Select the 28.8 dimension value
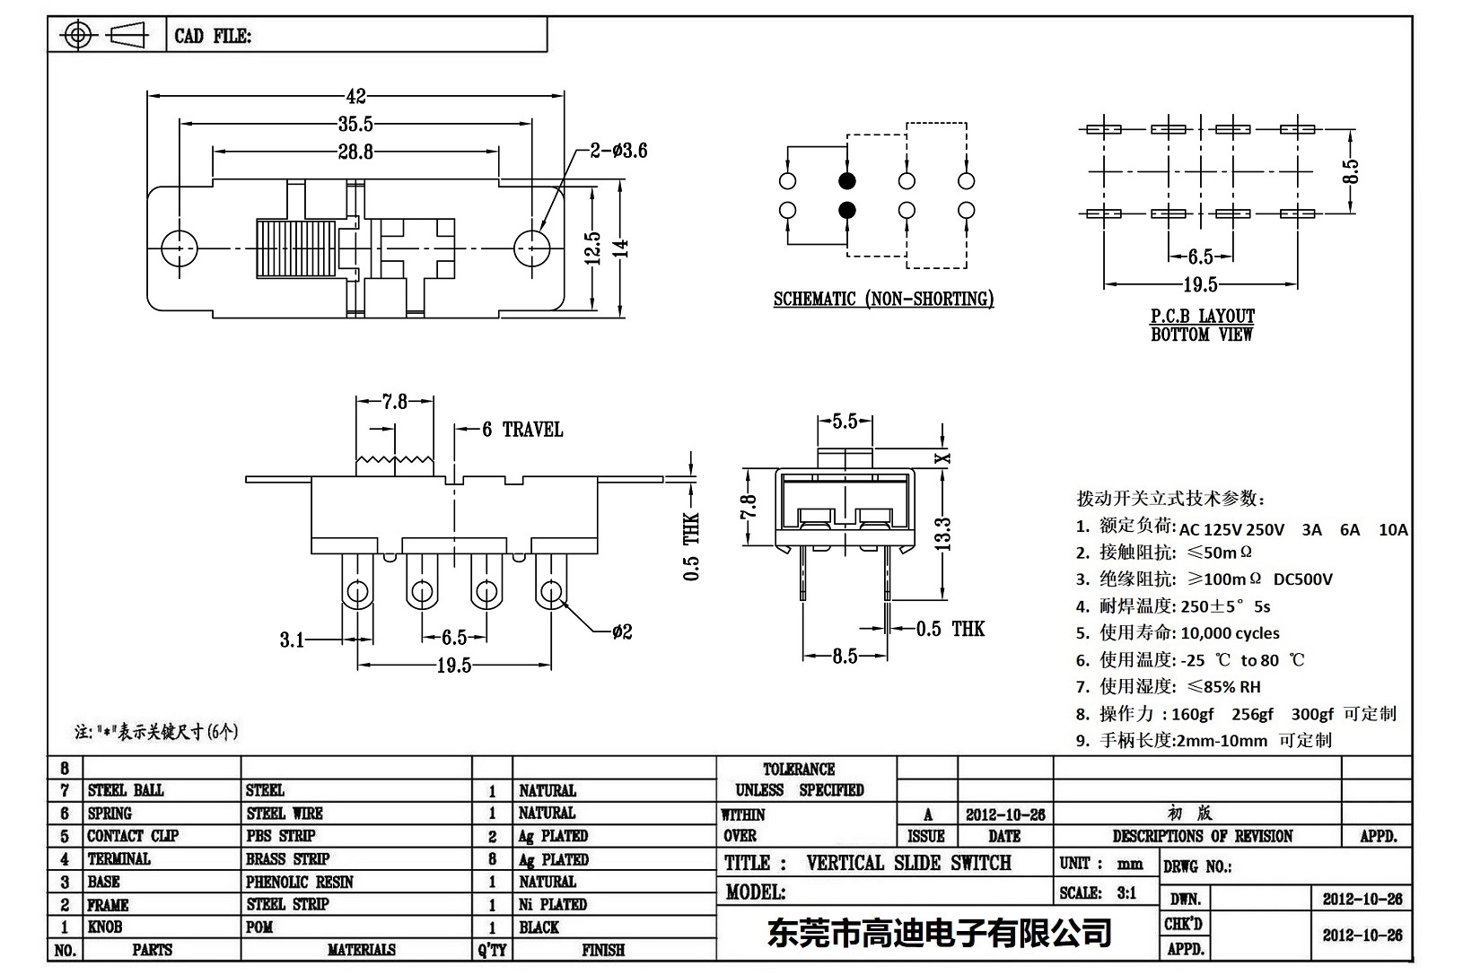point(355,152)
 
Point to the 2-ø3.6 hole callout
point(618,151)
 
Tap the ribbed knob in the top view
point(292,248)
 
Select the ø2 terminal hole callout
point(622,632)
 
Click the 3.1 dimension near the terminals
point(292,640)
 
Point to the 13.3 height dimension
point(942,535)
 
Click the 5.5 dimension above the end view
point(845,422)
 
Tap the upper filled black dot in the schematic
point(847,181)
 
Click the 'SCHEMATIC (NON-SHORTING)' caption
point(883,300)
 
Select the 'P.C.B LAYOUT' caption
point(1202,317)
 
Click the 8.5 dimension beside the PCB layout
point(1351,170)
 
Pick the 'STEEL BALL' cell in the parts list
point(126,790)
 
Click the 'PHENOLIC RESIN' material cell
point(300,882)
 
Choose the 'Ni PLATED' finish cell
point(553,904)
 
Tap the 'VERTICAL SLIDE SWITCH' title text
point(908,863)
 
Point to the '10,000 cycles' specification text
point(1230,633)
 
